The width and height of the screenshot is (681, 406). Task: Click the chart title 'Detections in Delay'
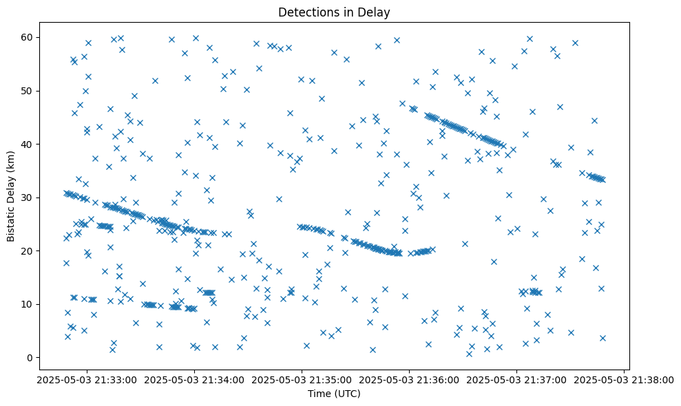334,12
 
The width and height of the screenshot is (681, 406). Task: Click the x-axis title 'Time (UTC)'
334,394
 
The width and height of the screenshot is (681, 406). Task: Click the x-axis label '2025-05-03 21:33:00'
87,379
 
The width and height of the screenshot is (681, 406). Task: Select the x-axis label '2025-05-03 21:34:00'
194,379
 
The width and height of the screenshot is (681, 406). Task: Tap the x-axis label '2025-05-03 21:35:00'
302,379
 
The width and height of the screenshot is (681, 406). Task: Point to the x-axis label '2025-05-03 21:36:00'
409,379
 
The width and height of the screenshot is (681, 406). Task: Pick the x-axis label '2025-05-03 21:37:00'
516,379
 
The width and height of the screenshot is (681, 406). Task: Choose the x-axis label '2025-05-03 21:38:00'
624,379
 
